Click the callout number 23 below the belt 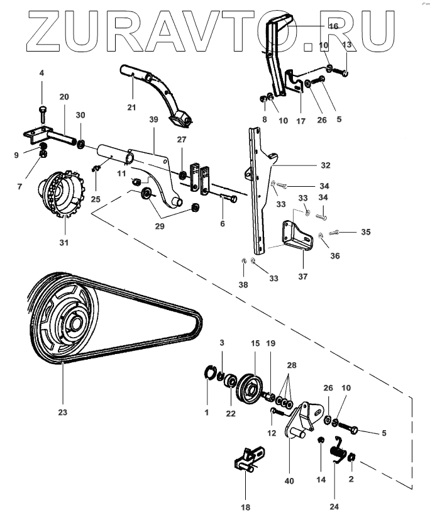(x=63, y=413)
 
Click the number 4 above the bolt (x=41, y=73)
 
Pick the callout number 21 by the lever (x=131, y=108)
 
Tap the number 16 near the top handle (x=333, y=26)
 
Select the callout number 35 (x=365, y=232)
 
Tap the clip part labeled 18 (x=249, y=458)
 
